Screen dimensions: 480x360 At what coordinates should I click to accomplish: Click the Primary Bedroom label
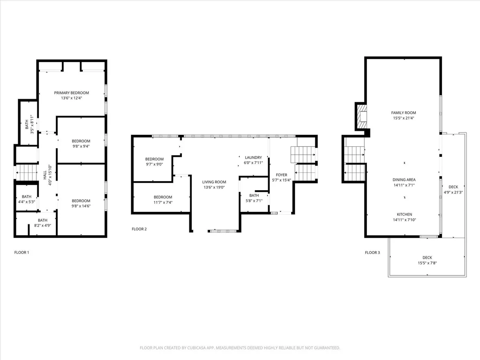coord(71,93)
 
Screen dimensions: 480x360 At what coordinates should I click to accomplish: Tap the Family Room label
coord(403,113)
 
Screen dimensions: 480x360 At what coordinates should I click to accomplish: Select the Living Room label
coord(214,182)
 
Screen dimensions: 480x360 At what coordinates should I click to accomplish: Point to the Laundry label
coord(253,157)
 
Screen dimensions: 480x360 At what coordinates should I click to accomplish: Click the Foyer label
coord(281,175)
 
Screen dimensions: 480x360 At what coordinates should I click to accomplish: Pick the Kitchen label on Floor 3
coord(404,214)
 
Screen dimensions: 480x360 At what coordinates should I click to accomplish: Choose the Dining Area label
coord(404,180)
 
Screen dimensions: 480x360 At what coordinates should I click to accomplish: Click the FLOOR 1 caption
coord(21,253)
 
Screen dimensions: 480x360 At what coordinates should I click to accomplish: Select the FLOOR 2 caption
coord(139,229)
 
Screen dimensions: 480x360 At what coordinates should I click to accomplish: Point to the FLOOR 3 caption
coord(372,253)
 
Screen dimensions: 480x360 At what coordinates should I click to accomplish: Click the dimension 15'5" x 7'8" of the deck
coord(427,263)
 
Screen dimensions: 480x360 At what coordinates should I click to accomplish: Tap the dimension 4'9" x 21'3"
coord(453,192)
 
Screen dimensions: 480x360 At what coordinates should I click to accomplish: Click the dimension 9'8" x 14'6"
coord(81,206)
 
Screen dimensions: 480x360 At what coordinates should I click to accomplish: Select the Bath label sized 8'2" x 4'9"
coord(42,220)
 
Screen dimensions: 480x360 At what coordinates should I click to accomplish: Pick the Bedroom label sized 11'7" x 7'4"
coord(163,197)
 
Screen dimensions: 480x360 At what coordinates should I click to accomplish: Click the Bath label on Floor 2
coord(254,195)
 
